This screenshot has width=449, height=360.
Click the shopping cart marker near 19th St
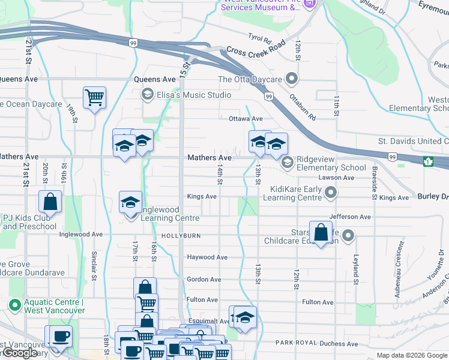point(95,97)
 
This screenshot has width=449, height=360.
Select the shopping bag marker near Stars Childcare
point(321,232)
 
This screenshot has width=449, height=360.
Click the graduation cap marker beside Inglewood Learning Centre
point(130,202)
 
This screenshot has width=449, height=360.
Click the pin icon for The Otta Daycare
point(292,79)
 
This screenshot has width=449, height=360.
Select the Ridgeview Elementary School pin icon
point(287,162)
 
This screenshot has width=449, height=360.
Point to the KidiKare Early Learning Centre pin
point(330,193)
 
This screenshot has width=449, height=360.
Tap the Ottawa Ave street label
point(246,119)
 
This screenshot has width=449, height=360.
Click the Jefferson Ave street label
point(349,216)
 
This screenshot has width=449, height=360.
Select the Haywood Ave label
point(207,257)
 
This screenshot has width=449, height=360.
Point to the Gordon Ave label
point(203,279)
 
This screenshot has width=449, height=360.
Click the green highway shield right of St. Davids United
point(429,161)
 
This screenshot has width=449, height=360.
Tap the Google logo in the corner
point(20,353)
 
